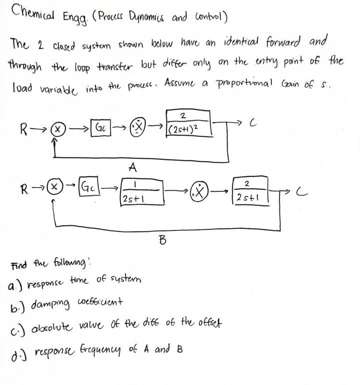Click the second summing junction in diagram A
pos(142,128)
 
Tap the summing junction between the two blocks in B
pos(200,193)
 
